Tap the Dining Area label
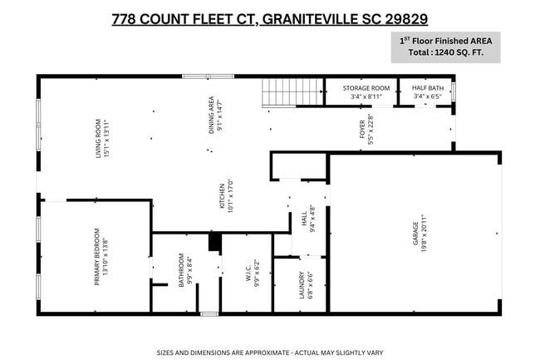(216, 114)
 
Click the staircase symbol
(280, 91)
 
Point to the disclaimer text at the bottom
(270, 352)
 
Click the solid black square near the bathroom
(214, 242)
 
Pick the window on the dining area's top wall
(208, 77)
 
